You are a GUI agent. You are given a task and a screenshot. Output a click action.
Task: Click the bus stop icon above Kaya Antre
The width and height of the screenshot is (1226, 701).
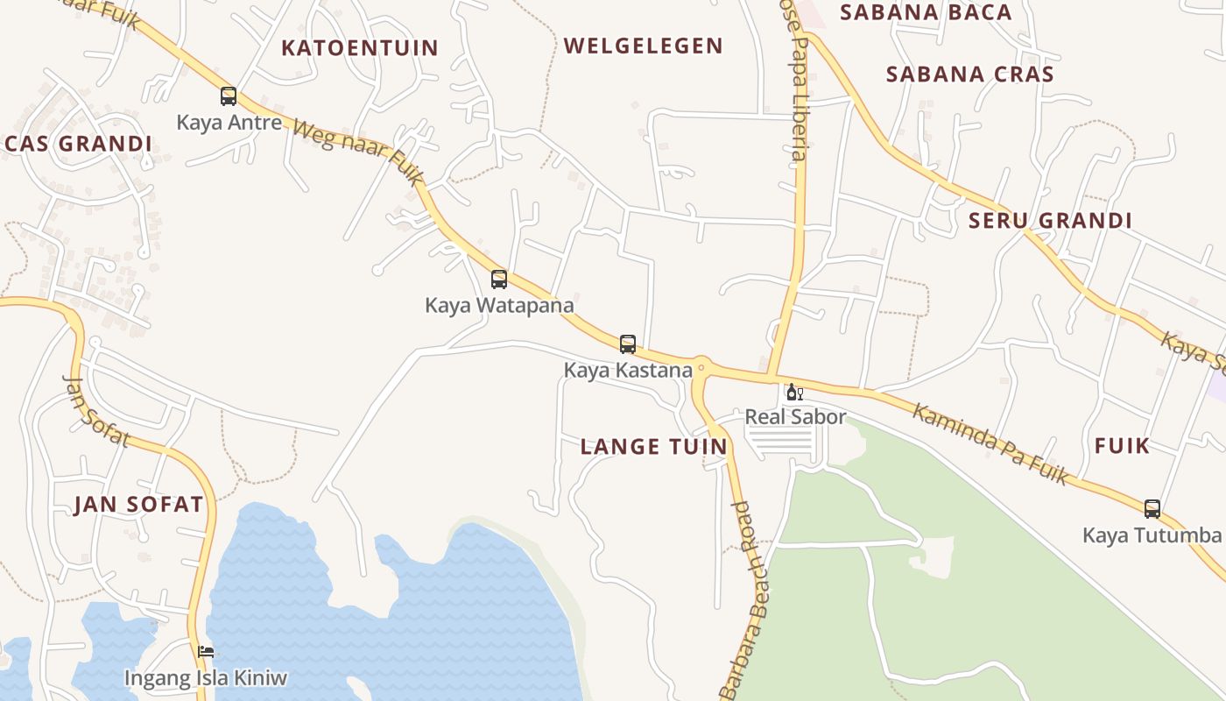coord(229,96)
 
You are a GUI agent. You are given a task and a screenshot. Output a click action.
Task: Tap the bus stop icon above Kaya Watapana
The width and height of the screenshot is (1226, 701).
coord(499,279)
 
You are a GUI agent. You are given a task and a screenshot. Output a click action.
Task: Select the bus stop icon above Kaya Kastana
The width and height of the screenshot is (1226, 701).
coord(628,343)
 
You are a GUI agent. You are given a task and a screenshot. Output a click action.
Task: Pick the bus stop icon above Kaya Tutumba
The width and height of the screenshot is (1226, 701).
coord(1152,508)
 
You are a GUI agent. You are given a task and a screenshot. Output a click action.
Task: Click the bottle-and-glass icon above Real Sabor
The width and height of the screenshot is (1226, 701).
coord(794,392)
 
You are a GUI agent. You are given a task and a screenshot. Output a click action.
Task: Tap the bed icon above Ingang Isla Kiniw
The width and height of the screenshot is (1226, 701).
coord(206,651)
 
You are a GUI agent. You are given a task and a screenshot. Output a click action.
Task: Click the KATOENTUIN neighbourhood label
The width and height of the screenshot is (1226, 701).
coord(359,48)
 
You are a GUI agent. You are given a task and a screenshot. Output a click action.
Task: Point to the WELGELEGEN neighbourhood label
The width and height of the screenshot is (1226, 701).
coord(644,46)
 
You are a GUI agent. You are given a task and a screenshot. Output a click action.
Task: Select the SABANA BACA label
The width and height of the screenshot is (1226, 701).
coord(926,12)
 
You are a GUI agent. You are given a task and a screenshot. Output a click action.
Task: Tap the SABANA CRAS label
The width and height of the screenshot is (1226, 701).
coord(970,74)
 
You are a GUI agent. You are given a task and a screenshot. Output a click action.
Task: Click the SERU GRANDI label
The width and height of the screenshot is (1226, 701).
coord(1050,221)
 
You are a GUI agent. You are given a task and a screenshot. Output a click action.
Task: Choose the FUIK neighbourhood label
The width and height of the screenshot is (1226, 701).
coord(1122,446)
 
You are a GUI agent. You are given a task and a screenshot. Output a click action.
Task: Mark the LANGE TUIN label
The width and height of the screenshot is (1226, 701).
coord(654,447)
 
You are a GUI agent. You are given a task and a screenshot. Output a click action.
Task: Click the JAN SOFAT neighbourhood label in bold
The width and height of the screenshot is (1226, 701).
coord(138,505)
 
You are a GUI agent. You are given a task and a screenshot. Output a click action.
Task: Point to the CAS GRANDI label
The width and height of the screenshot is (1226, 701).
coord(79,144)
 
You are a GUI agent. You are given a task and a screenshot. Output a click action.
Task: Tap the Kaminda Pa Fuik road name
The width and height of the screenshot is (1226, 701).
coord(990,443)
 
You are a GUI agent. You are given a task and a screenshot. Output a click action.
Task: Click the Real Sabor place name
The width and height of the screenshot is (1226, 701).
coord(795,416)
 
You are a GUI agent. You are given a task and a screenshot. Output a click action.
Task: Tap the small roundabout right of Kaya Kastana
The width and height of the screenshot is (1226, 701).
coord(701,368)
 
